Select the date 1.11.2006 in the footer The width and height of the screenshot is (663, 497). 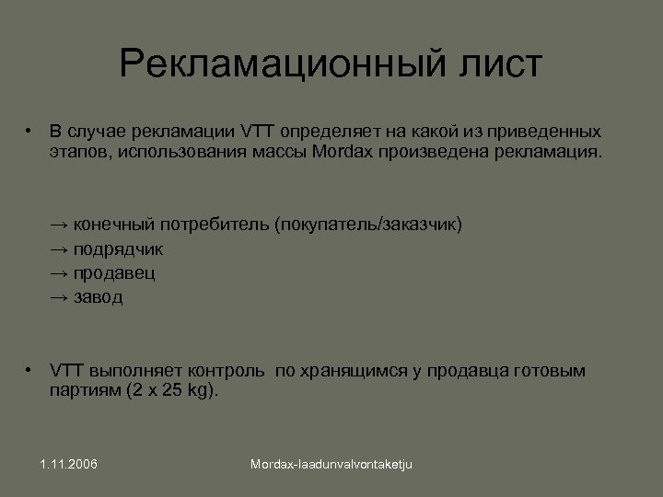(69, 464)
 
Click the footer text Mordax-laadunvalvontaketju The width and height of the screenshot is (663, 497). (331, 465)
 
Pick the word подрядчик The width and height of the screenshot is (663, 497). (119, 248)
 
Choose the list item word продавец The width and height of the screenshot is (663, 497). (114, 273)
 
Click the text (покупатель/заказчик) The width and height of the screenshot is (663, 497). (368, 224)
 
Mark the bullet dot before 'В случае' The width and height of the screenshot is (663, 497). (29, 130)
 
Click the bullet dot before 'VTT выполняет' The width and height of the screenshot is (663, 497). (29, 370)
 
